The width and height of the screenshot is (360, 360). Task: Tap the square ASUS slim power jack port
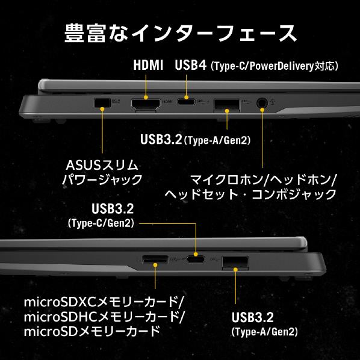tap(102, 102)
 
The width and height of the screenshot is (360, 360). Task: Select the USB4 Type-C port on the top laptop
tap(186, 102)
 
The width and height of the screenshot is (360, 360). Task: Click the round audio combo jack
tap(262, 103)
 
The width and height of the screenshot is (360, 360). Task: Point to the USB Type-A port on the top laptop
tap(226, 105)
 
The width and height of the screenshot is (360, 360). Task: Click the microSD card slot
tap(155, 259)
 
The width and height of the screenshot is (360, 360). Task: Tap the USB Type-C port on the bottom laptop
tap(196, 259)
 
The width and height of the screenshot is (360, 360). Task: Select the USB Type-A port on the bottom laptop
tap(235, 262)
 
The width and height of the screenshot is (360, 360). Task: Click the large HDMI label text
tap(148, 65)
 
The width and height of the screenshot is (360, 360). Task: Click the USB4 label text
tap(191, 65)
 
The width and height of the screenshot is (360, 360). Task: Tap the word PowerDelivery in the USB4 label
tap(282, 66)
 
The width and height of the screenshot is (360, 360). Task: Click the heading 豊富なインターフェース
tap(181, 33)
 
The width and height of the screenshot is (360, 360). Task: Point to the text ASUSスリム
tap(102, 165)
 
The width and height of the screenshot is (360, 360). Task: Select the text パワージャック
tap(102, 179)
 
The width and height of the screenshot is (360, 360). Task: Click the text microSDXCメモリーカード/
tap(104, 302)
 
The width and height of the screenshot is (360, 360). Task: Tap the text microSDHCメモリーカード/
tap(104, 317)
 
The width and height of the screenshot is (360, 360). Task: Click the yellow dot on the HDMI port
tap(146, 98)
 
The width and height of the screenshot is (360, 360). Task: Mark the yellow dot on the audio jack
tap(262, 110)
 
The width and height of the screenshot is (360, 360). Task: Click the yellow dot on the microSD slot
tap(155, 265)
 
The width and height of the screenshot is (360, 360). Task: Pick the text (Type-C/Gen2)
tap(101, 223)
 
